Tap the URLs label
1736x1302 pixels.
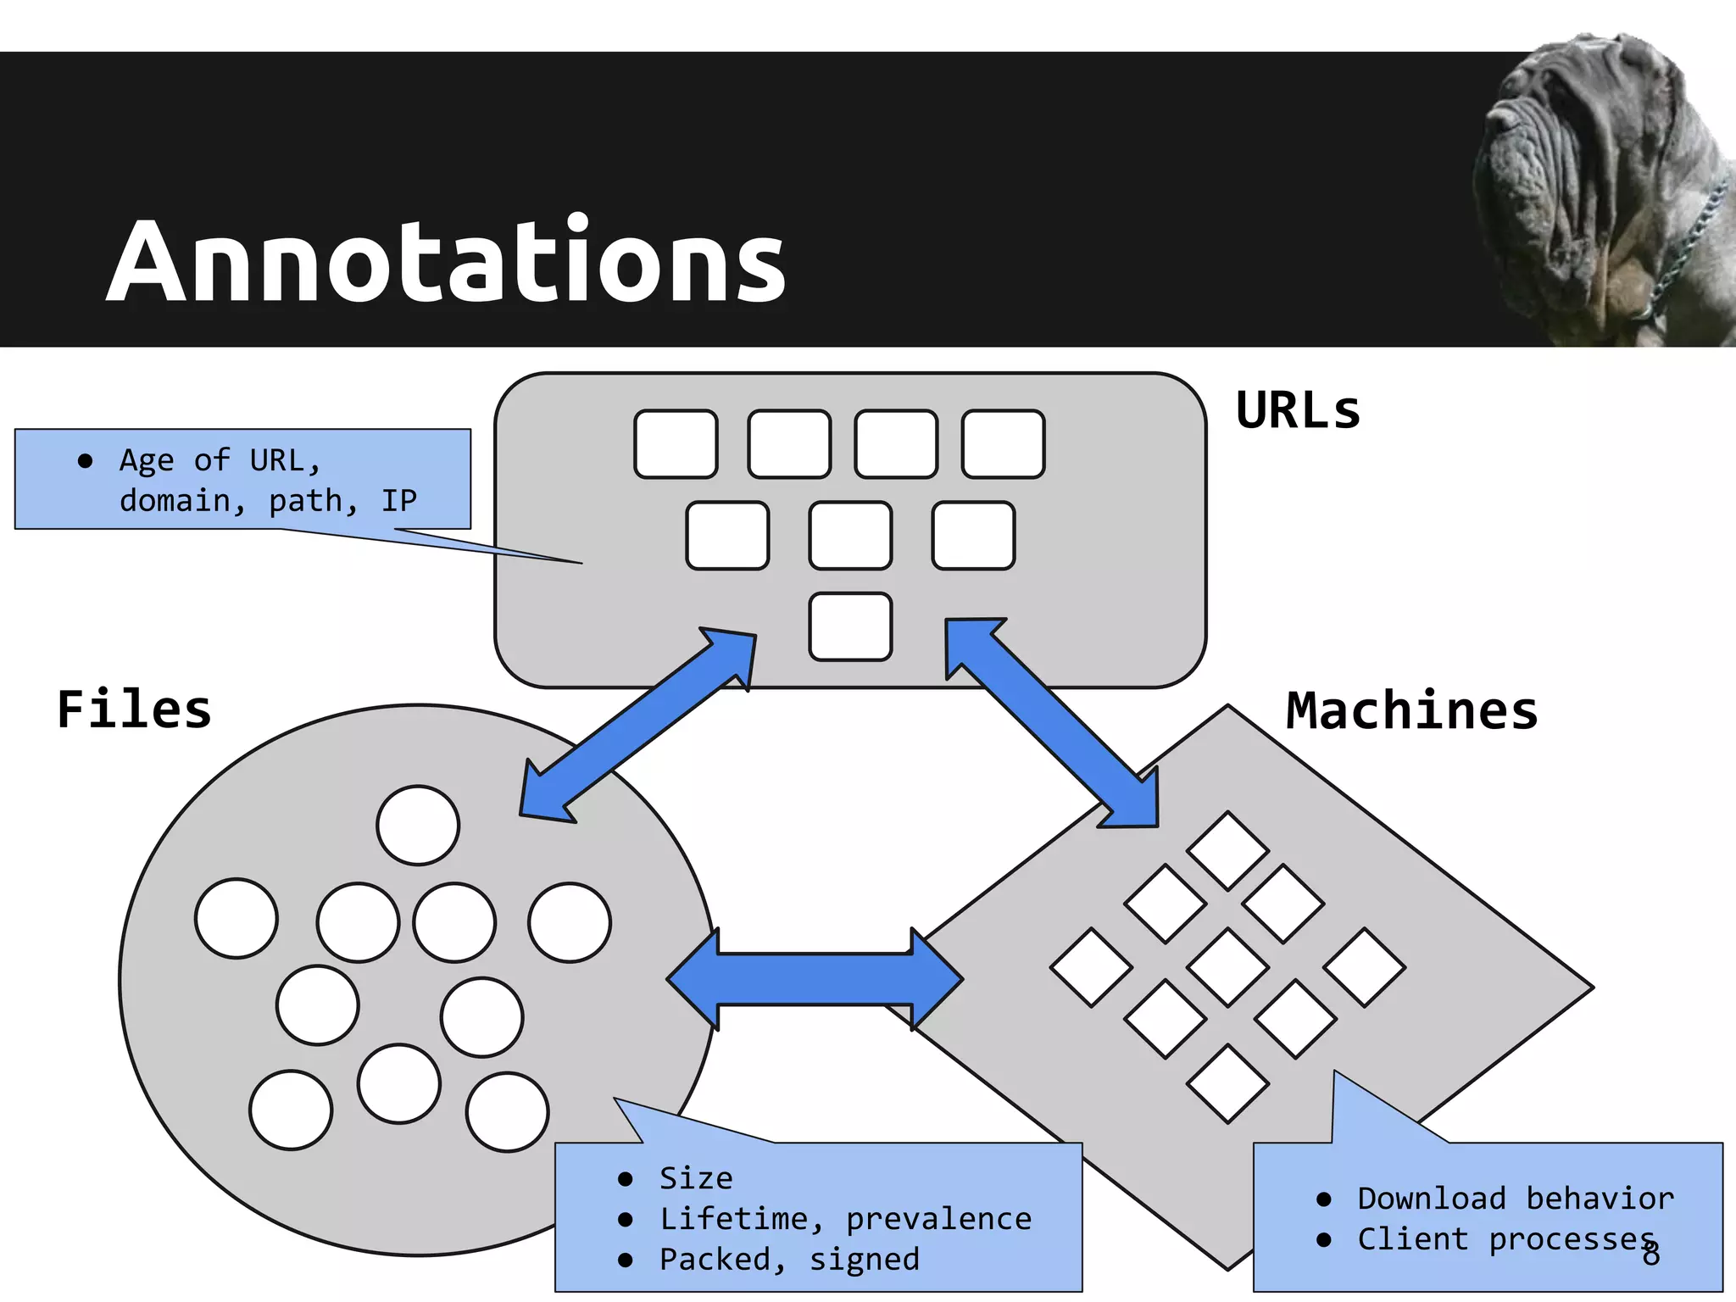[x=1298, y=411]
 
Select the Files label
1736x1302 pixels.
[x=134, y=709]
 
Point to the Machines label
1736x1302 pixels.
[x=1411, y=710]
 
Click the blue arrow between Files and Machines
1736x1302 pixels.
[x=815, y=979]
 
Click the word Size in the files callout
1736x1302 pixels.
[x=696, y=1178]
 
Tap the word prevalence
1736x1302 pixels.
[x=938, y=1219]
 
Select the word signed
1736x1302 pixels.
[x=864, y=1260]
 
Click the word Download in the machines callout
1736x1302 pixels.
[x=1432, y=1199]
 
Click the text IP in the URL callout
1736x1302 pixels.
[x=398, y=501]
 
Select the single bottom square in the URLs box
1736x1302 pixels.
[x=850, y=626]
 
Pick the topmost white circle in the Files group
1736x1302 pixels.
[x=418, y=825]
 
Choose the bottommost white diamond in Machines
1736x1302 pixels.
[x=1227, y=1084]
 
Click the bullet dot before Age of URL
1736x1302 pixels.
[x=85, y=461]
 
